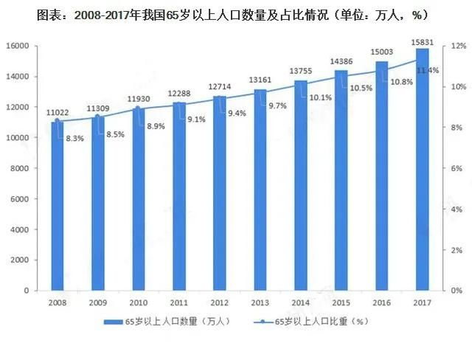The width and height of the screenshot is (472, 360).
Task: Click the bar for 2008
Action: tap(57, 207)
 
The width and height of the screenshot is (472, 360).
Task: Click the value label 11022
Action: tap(58, 112)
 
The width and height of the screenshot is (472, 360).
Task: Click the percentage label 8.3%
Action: tap(74, 138)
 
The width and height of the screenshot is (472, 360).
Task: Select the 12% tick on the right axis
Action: tap(458, 46)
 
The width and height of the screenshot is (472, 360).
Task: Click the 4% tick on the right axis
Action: tap(458, 210)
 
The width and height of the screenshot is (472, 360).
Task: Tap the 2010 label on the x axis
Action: tap(138, 302)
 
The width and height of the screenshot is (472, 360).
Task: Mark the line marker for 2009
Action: tap(98, 117)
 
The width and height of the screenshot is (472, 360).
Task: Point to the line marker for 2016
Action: tap(382, 70)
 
